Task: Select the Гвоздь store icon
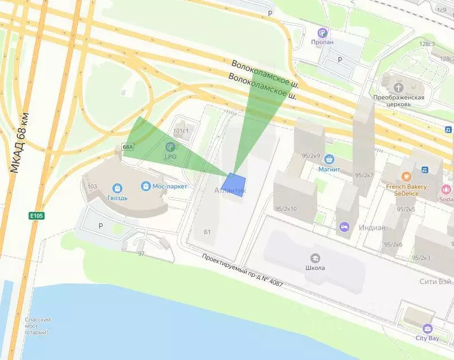click(117, 188)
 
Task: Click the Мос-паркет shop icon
click(145, 186)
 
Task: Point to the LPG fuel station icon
click(170, 147)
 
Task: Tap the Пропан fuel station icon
click(322, 32)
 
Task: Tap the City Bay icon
click(428, 328)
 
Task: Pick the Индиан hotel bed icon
click(343, 227)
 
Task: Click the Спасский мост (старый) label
click(38, 326)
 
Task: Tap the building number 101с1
click(182, 132)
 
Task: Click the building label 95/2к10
click(286, 209)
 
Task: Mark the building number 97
click(141, 254)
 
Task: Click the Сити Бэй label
click(436, 282)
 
